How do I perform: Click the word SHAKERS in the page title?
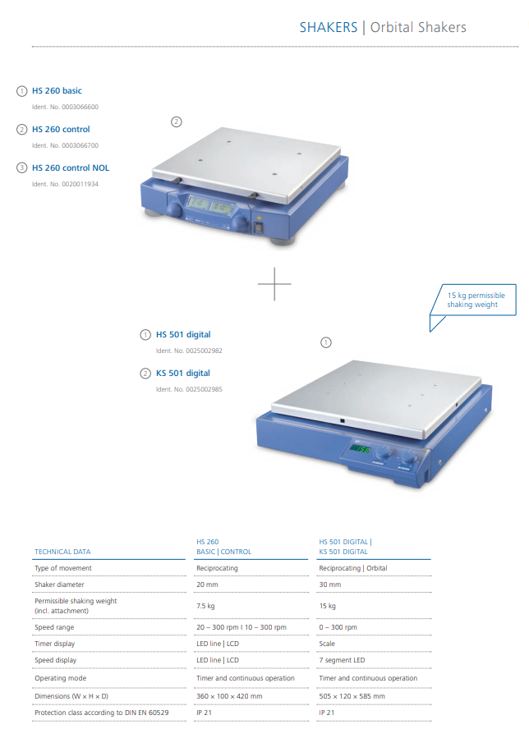(329, 27)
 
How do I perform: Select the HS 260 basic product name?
(57, 90)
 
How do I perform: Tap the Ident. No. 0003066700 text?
(65, 145)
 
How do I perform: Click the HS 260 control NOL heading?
(71, 167)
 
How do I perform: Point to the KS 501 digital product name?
(183, 374)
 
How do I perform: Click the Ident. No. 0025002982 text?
(189, 351)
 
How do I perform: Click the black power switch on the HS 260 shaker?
(259, 227)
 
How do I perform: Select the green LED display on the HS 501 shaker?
(360, 449)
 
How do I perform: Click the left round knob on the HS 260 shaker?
(175, 209)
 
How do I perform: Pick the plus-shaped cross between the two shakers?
(274, 283)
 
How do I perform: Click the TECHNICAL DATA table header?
(62, 552)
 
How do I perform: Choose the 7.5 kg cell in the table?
(205, 606)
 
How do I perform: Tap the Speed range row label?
(54, 627)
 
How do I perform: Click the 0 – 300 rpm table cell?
(338, 627)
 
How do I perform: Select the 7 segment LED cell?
(342, 660)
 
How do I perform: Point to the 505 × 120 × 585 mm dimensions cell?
(352, 696)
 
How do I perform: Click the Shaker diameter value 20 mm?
(207, 585)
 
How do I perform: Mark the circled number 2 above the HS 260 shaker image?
(177, 121)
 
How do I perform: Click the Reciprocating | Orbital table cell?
(352, 568)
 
